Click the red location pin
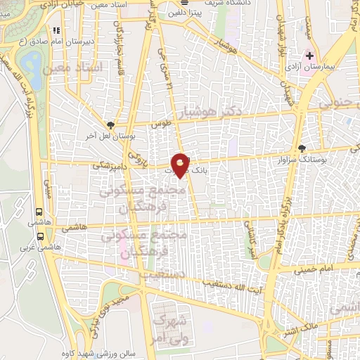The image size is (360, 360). tap(181, 164)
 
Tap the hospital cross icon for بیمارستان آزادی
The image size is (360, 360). tap(309, 55)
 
